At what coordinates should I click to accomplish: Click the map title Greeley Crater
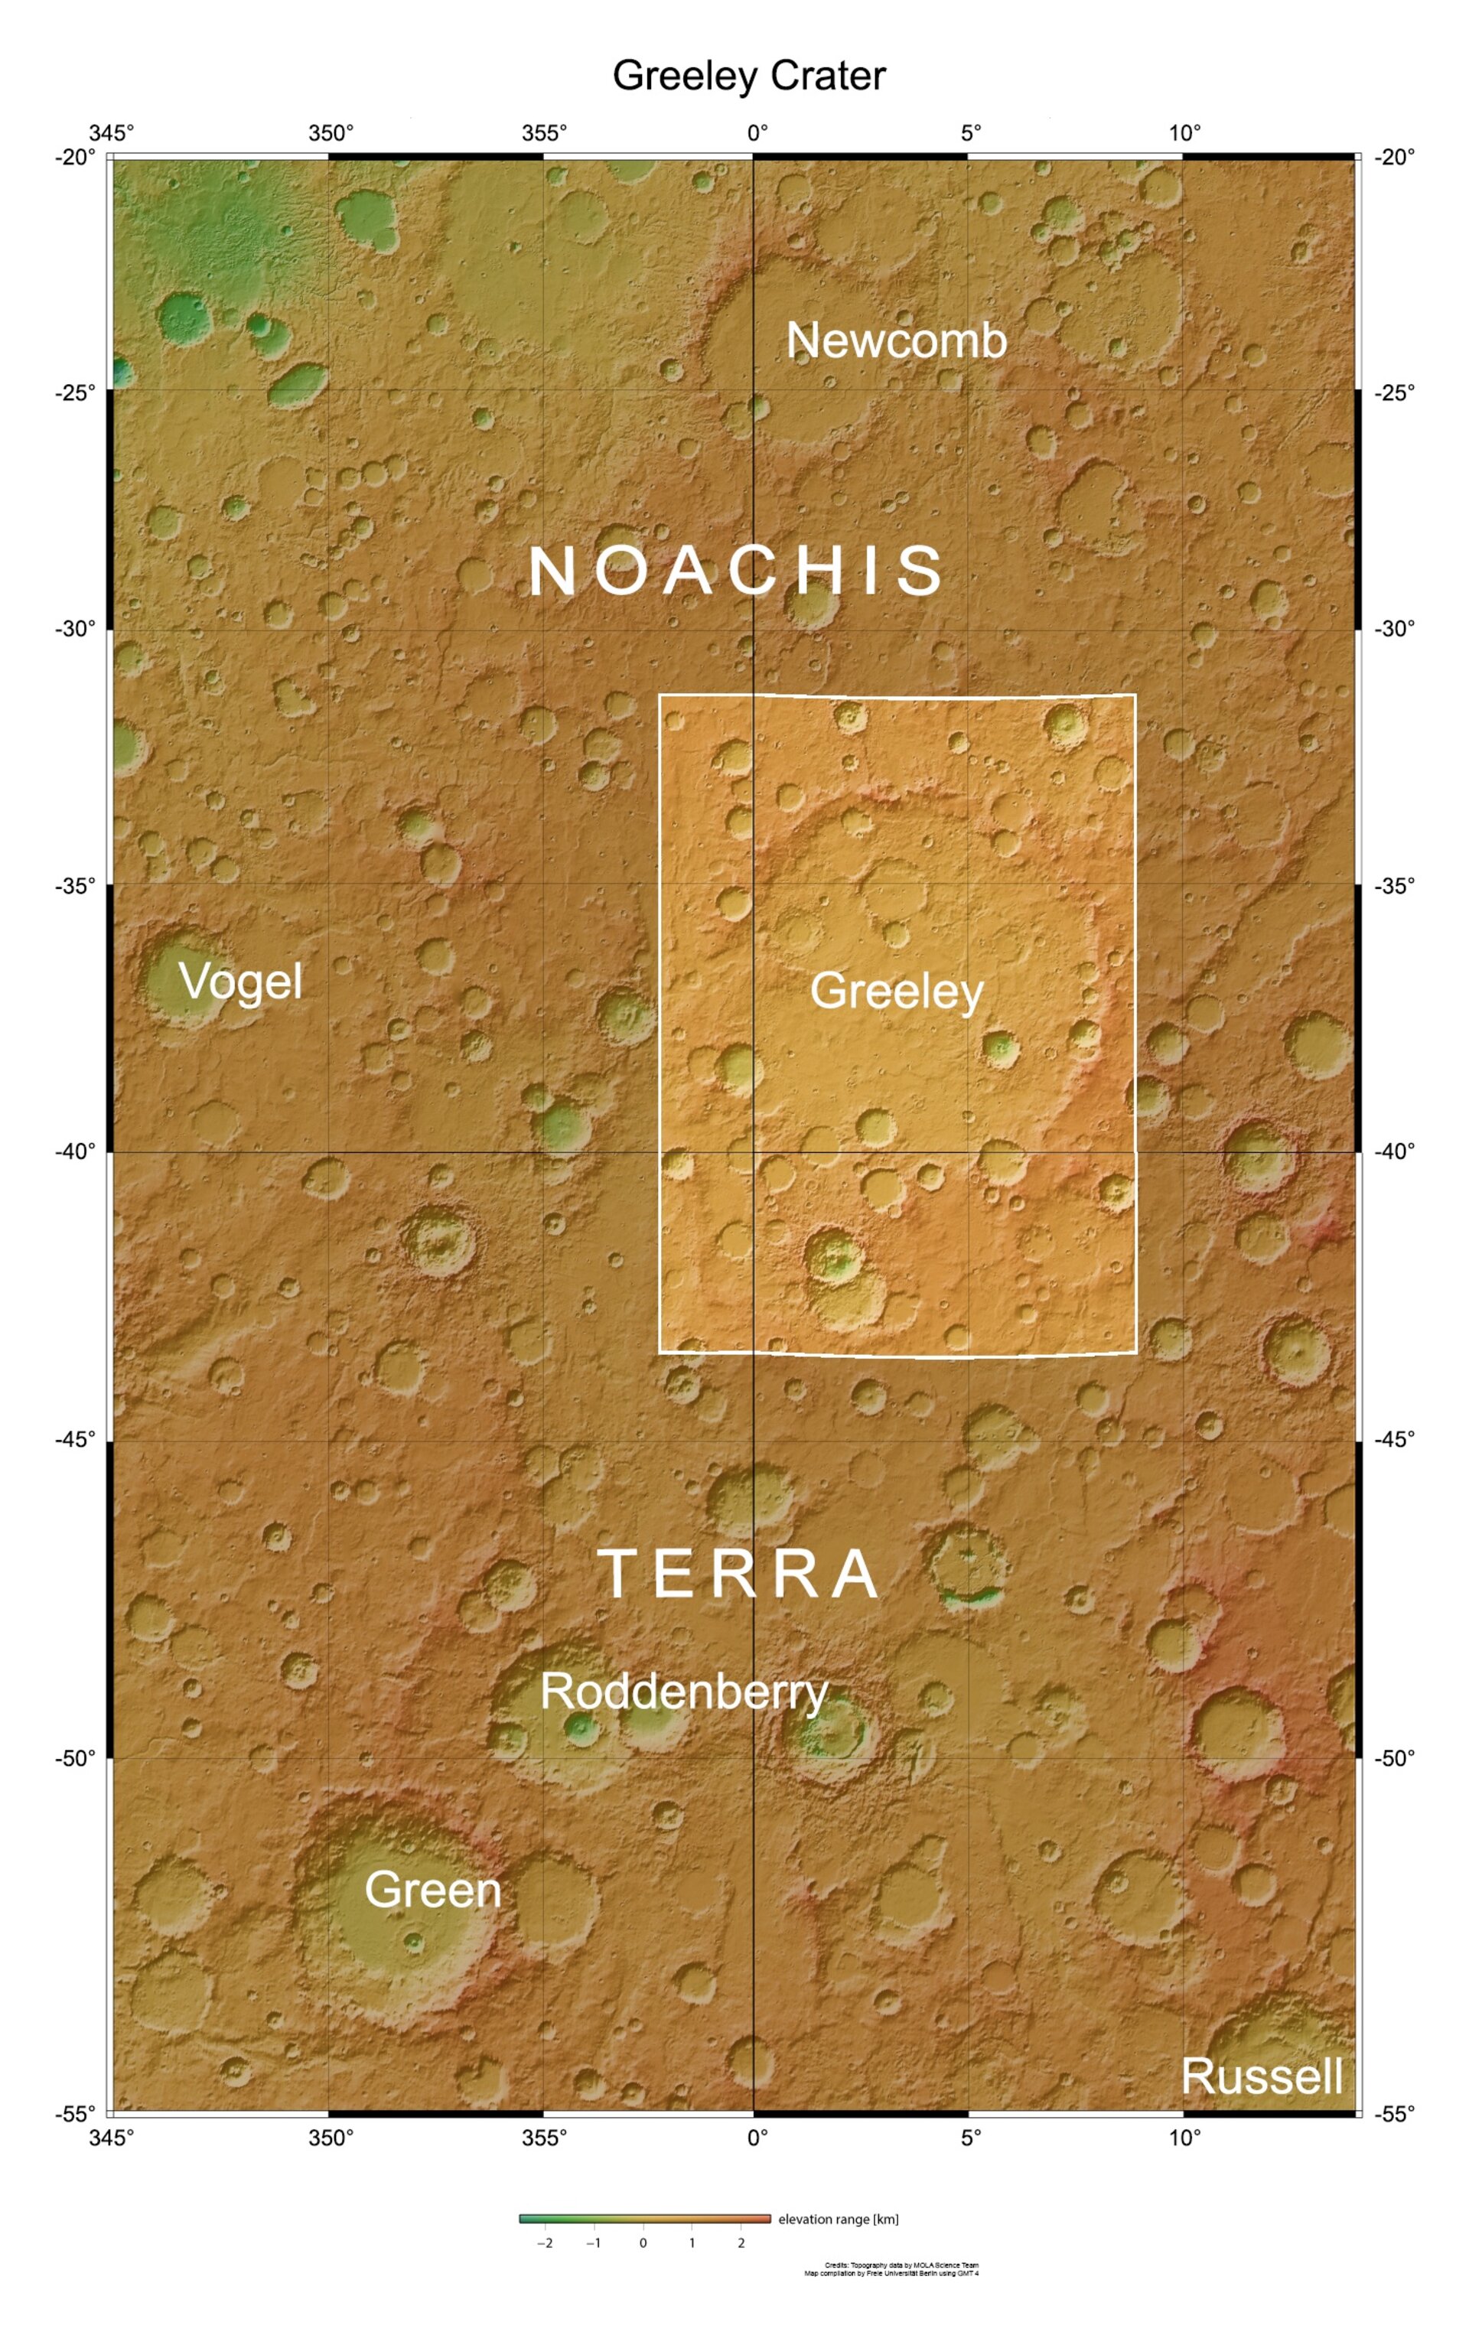coord(748,76)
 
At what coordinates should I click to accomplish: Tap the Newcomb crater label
coord(896,340)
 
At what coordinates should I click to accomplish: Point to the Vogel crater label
coord(240,982)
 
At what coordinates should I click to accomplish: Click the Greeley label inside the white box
coord(897,990)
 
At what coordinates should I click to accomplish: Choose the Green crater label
coord(432,1890)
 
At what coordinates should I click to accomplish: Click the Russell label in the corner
coord(1262,2076)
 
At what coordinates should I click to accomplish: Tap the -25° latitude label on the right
coord(1394,392)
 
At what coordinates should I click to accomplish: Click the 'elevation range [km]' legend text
coord(838,2219)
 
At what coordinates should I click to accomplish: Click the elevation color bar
coord(644,2219)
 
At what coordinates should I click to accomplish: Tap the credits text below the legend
coord(891,2269)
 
